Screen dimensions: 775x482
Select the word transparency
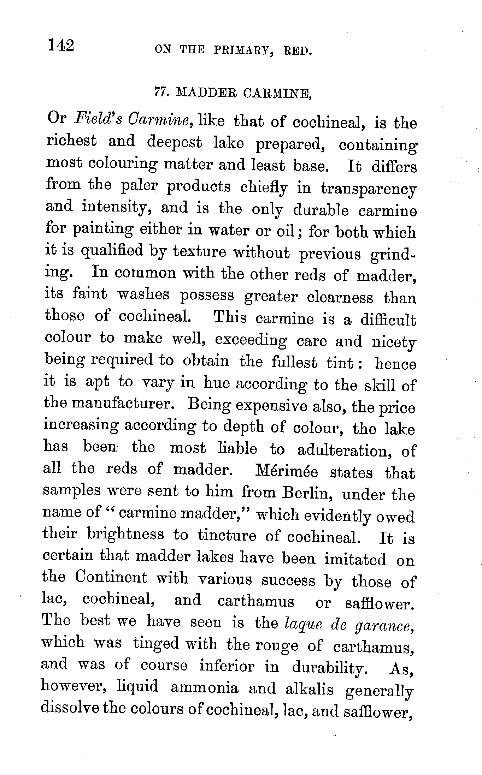[368, 190]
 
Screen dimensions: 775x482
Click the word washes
[143, 294]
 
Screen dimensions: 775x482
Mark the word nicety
[394, 342]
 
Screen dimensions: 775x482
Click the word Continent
[111, 578]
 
